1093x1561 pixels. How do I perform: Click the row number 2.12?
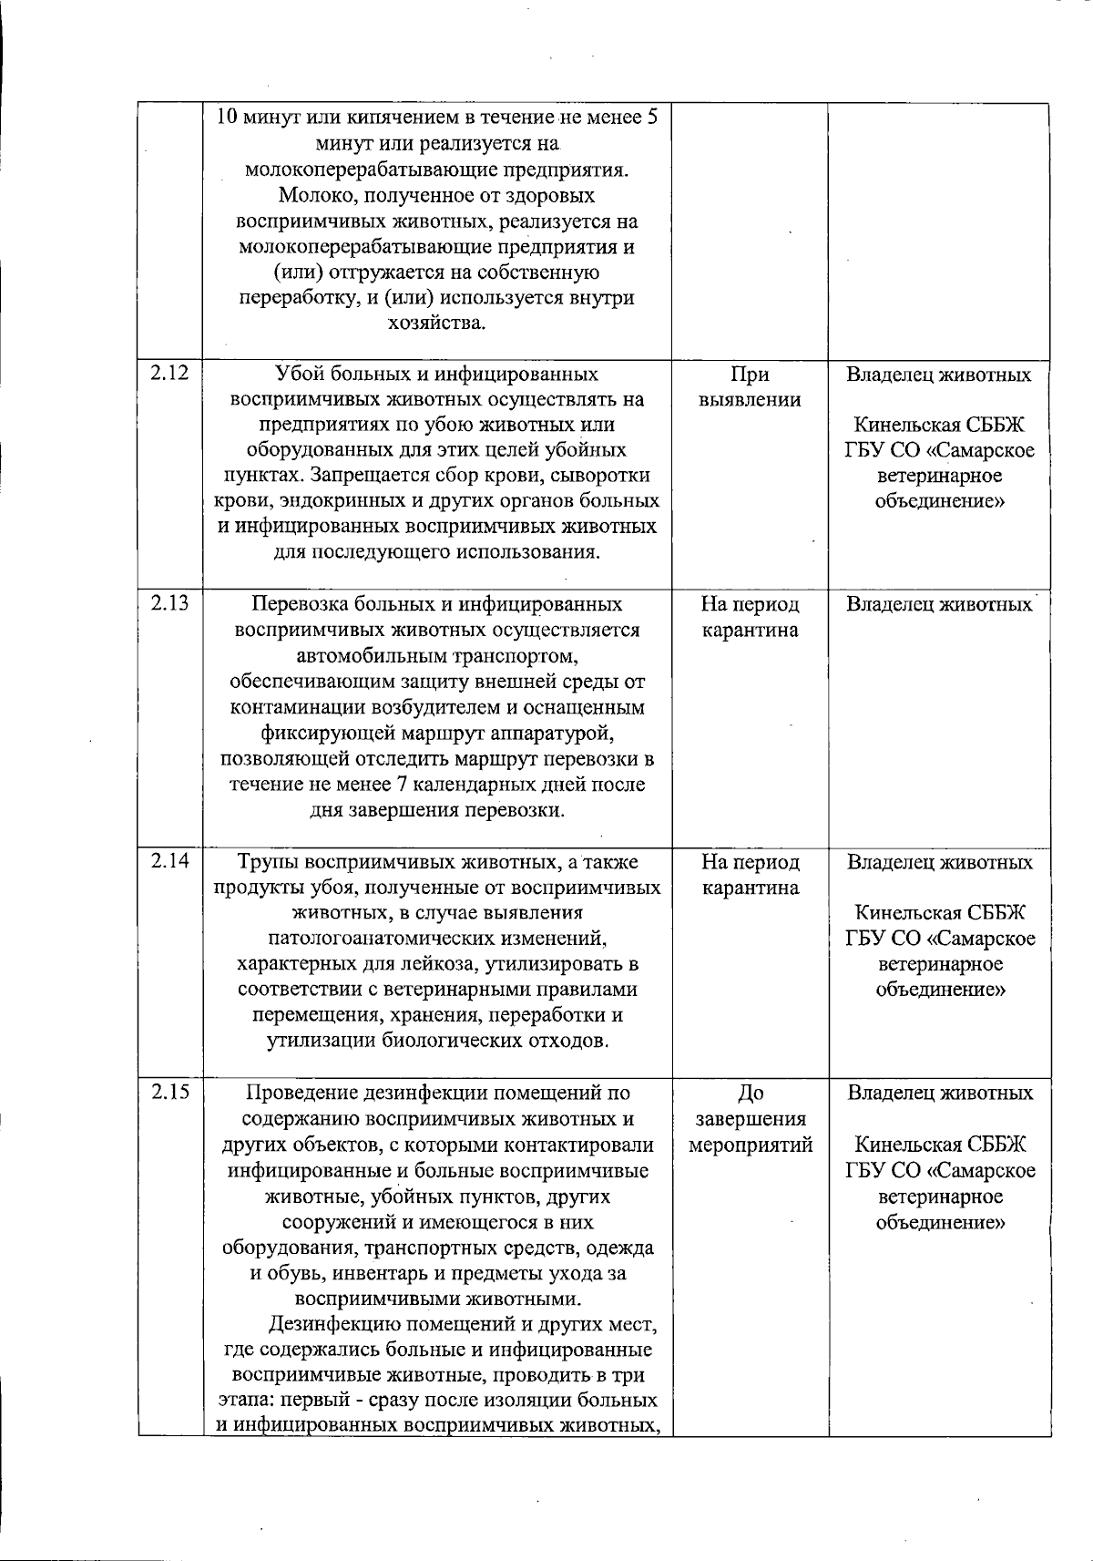tap(169, 374)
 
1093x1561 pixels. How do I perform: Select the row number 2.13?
tap(169, 603)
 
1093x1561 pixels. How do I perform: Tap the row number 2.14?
tap(169, 861)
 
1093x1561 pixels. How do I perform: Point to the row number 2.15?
tap(169, 1092)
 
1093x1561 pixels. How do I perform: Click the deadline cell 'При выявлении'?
tap(750, 387)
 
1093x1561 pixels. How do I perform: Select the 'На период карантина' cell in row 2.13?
tap(750, 617)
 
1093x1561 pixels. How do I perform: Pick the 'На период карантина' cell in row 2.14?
tap(750, 875)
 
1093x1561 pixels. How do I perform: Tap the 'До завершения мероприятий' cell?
tap(750, 1119)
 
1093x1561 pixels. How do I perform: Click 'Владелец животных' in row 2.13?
tap(939, 604)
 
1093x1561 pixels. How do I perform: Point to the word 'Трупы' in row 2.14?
tap(268, 862)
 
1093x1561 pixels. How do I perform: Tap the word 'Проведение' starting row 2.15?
tap(301, 1093)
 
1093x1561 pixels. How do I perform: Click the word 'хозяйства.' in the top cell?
tap(436, 323)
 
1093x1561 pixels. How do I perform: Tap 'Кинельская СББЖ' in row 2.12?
tap(939, 425)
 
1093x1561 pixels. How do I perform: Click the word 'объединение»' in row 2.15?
tap(940, 1222)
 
